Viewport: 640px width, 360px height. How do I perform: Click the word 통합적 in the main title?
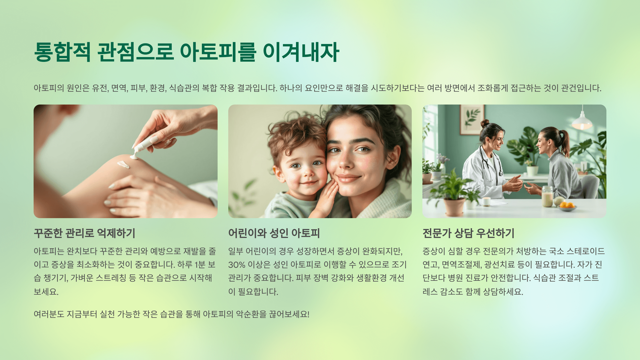[x=62, y=52]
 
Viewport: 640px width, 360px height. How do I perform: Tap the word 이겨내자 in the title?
[x=301, y=52]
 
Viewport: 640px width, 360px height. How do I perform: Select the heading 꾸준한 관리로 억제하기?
[x=85, y=233]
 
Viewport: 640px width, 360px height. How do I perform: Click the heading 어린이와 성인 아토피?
[x=274, y=233]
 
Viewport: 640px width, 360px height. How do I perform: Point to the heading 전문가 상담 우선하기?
[x=468, y=233]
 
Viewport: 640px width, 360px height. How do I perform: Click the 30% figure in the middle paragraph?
[x=237, y=265]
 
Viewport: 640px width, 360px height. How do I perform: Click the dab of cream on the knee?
[x=123, y=164]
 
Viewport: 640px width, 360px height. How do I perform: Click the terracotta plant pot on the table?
[x=454, y=207]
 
